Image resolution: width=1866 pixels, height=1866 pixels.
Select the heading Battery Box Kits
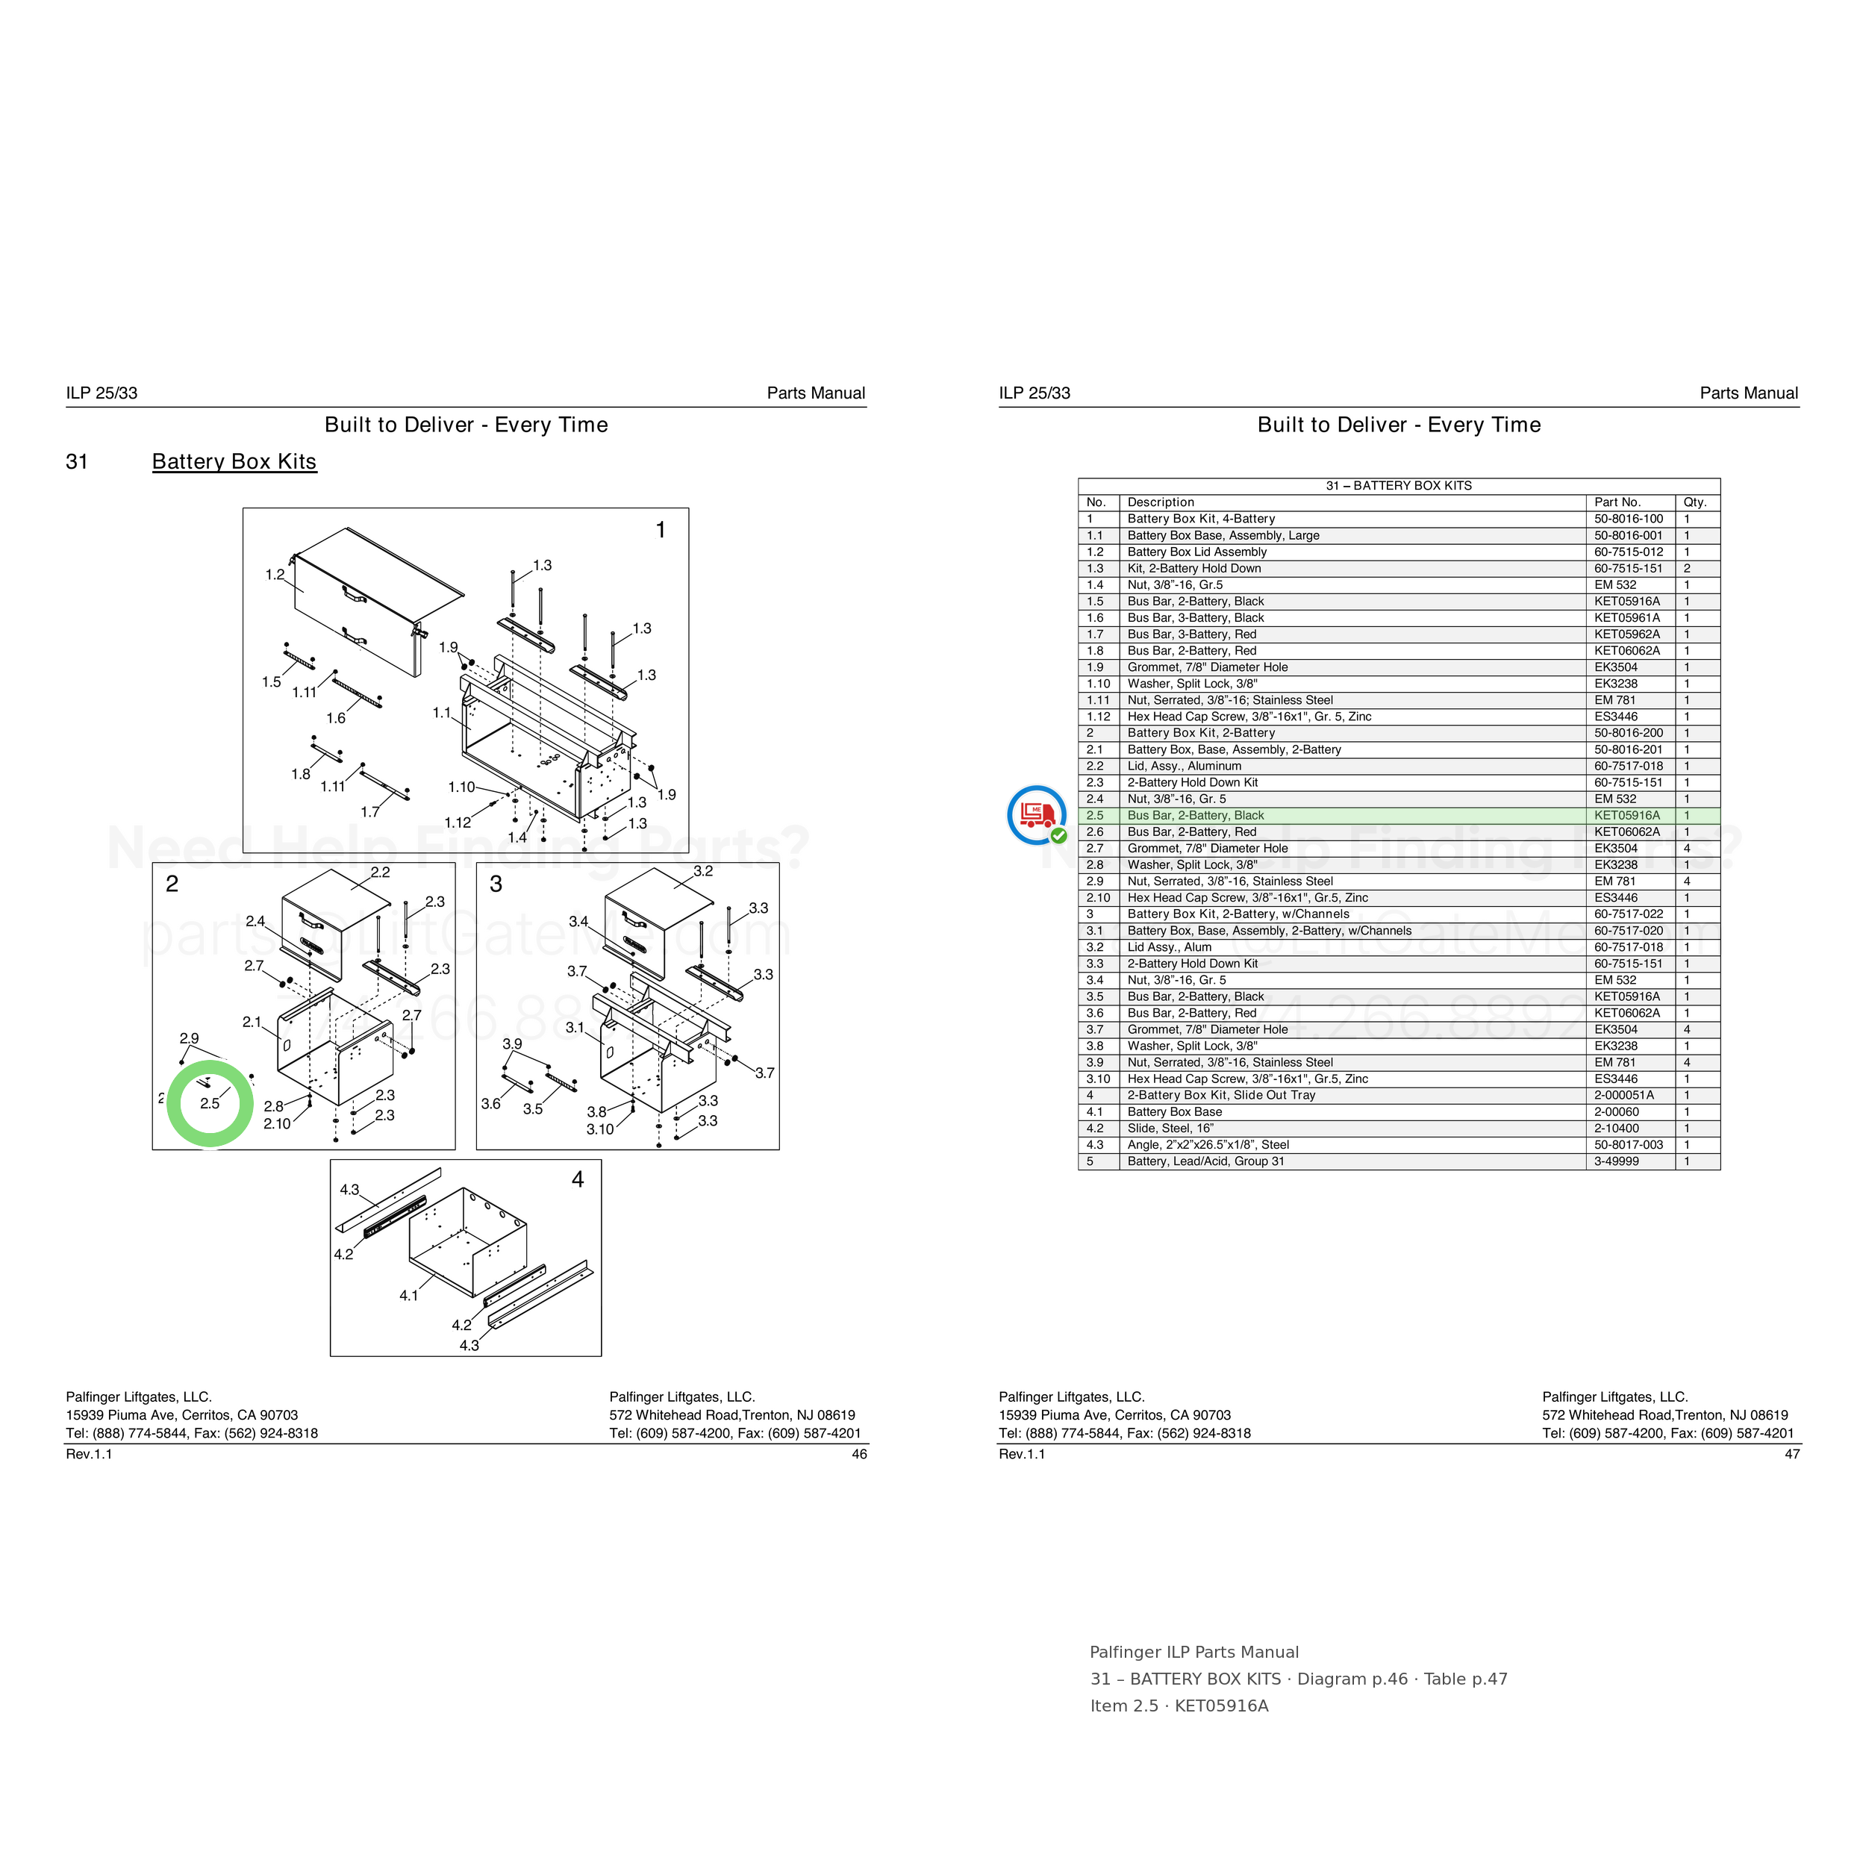234,462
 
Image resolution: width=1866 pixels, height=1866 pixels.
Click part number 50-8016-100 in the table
1629,519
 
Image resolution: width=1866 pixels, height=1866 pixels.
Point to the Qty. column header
1695,502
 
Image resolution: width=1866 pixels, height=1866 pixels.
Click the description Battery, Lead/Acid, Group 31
1205,1161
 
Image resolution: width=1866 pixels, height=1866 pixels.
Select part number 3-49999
1616,1161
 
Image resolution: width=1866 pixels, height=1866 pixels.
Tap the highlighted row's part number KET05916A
1626,815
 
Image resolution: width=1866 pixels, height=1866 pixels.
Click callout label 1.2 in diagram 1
275,575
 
